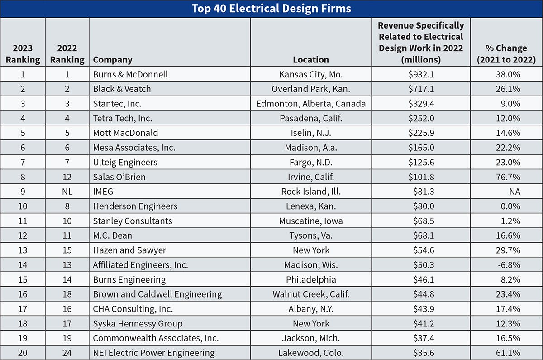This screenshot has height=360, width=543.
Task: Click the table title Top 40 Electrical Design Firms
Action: tap(271, 9)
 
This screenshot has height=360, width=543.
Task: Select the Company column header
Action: tap(113, 60)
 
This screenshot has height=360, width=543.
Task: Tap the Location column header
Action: tap(311, 60)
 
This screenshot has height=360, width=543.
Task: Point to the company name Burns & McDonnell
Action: tap(130, 74)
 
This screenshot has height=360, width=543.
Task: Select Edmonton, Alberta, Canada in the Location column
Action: tap(311, 104)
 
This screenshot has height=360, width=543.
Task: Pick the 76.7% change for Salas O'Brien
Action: tap(508, 177)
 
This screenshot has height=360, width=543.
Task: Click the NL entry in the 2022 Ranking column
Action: tap(67, 192)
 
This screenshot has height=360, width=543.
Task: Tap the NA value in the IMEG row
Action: tap(514, 192)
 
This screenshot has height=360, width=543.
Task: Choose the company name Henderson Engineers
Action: tap(135, 206)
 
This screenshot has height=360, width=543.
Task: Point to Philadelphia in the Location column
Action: tap(311, 280)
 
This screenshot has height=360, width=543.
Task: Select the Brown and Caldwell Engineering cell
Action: tap(157, 294)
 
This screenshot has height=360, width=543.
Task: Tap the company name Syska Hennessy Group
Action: tap(138, 324)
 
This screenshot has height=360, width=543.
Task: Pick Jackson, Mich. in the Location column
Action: tap(311, 338)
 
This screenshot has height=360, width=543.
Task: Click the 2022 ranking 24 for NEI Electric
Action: tap(67, 353)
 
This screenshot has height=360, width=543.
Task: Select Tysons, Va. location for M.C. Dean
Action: tap(311, 235)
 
